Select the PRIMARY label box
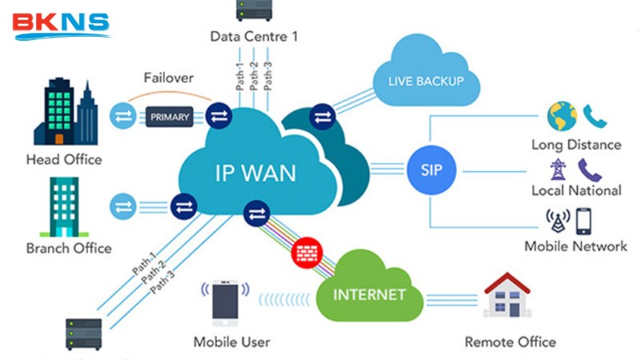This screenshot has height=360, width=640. pos(170,118)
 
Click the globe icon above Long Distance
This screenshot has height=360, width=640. pos(562,116)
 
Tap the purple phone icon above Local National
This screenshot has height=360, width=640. pos(590,169)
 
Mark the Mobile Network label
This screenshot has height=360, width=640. pos(576,246)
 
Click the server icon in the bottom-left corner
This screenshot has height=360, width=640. pos(83,334)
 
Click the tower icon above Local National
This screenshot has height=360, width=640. pos(557,170)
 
